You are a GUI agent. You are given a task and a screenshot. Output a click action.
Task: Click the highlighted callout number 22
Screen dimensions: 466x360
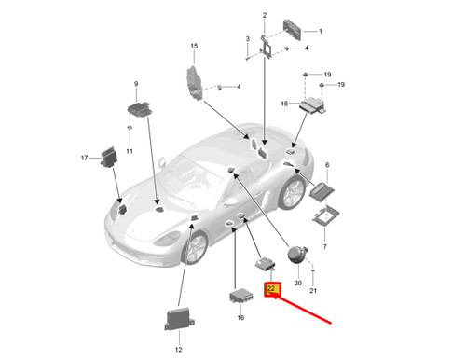click(271, 288)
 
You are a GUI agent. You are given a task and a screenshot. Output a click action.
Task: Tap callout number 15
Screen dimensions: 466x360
click(194, 46)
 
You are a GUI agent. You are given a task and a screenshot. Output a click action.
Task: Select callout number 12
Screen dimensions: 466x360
click(178, 350)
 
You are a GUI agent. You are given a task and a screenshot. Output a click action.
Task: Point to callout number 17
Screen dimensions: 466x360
click(84, 158)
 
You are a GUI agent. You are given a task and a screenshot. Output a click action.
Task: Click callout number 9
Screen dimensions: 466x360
click(136, 84)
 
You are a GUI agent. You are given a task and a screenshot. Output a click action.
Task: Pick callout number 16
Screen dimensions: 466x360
click(240, 318)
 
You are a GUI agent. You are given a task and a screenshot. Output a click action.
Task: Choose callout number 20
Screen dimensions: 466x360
click(297, 283)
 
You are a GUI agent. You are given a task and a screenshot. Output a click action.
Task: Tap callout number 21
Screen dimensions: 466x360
click(313, 290)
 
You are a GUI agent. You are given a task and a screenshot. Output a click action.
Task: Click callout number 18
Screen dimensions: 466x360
click(284, 104)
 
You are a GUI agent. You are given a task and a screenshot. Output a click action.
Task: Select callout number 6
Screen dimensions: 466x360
click(327, 165)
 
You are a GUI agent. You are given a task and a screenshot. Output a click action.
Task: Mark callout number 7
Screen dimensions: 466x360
click(325, 246)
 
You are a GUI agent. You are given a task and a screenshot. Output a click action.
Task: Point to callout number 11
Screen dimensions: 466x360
click(130, 151)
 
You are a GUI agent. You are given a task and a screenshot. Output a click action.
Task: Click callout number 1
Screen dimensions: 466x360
click(321, 31)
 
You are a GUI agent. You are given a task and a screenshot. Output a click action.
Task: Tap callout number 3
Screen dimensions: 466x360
click(248, 39)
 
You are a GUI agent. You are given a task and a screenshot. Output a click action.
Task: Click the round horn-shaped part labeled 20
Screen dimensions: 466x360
click(297, 255)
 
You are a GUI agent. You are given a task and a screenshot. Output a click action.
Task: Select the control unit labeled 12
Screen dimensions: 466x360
click(179, 319)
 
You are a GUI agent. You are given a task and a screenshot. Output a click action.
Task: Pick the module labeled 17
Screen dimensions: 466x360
click(109, 157)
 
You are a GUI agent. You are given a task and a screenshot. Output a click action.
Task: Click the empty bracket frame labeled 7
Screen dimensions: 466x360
click(325, 215)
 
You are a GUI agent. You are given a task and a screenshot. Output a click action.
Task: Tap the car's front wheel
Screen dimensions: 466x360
click(195, 247)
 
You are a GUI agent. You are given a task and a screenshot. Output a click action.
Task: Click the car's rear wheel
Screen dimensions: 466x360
click(292, 192)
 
